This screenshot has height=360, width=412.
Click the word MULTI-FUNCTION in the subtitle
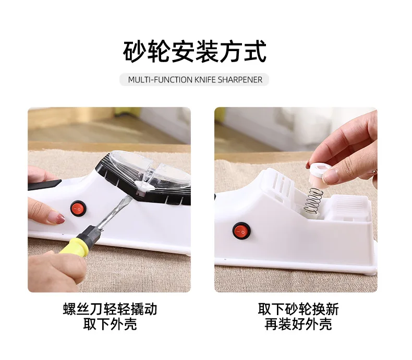156,80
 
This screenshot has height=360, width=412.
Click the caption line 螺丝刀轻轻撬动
110,309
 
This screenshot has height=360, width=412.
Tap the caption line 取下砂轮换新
298,309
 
